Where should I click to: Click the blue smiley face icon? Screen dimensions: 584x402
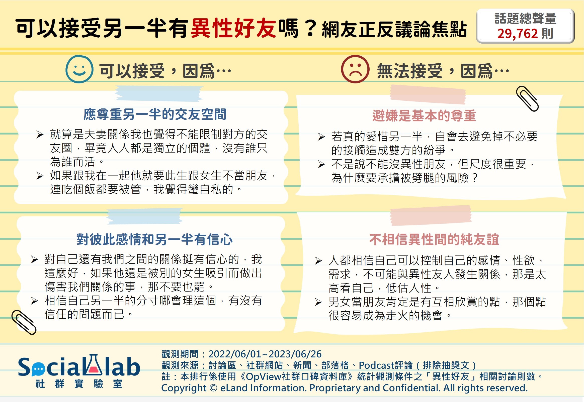pyautogui.click(x=79, y=69)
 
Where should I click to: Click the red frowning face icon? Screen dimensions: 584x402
pyautogui.click(x=355, y=69)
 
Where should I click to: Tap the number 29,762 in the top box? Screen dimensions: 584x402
pyautogui.click(x=518, y=34)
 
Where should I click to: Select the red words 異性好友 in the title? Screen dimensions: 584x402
pyautogui.click(x=233, y=28)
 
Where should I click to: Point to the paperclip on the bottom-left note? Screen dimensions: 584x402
pyautogui.click(x=24, y=322)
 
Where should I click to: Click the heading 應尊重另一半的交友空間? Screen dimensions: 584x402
pyautogui.click(x=155, y=114)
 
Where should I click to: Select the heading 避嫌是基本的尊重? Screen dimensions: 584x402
pyautogui.click(x=424, y=116)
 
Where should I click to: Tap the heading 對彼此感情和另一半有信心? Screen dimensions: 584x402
pyautogui.click(x=154, y=239)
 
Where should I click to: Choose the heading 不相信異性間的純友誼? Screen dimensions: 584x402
pyautogui.click(x=434, y=239)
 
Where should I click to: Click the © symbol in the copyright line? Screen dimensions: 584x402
pyautogui.click(x=213, y=388)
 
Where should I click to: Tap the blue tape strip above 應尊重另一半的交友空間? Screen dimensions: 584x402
pyautogui.click(x=159, y=93)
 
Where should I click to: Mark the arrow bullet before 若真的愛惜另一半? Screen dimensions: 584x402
pyautogui.click(x=321, y=137)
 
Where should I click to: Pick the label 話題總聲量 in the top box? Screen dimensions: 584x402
pyautogui.click(x=526, y=19)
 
